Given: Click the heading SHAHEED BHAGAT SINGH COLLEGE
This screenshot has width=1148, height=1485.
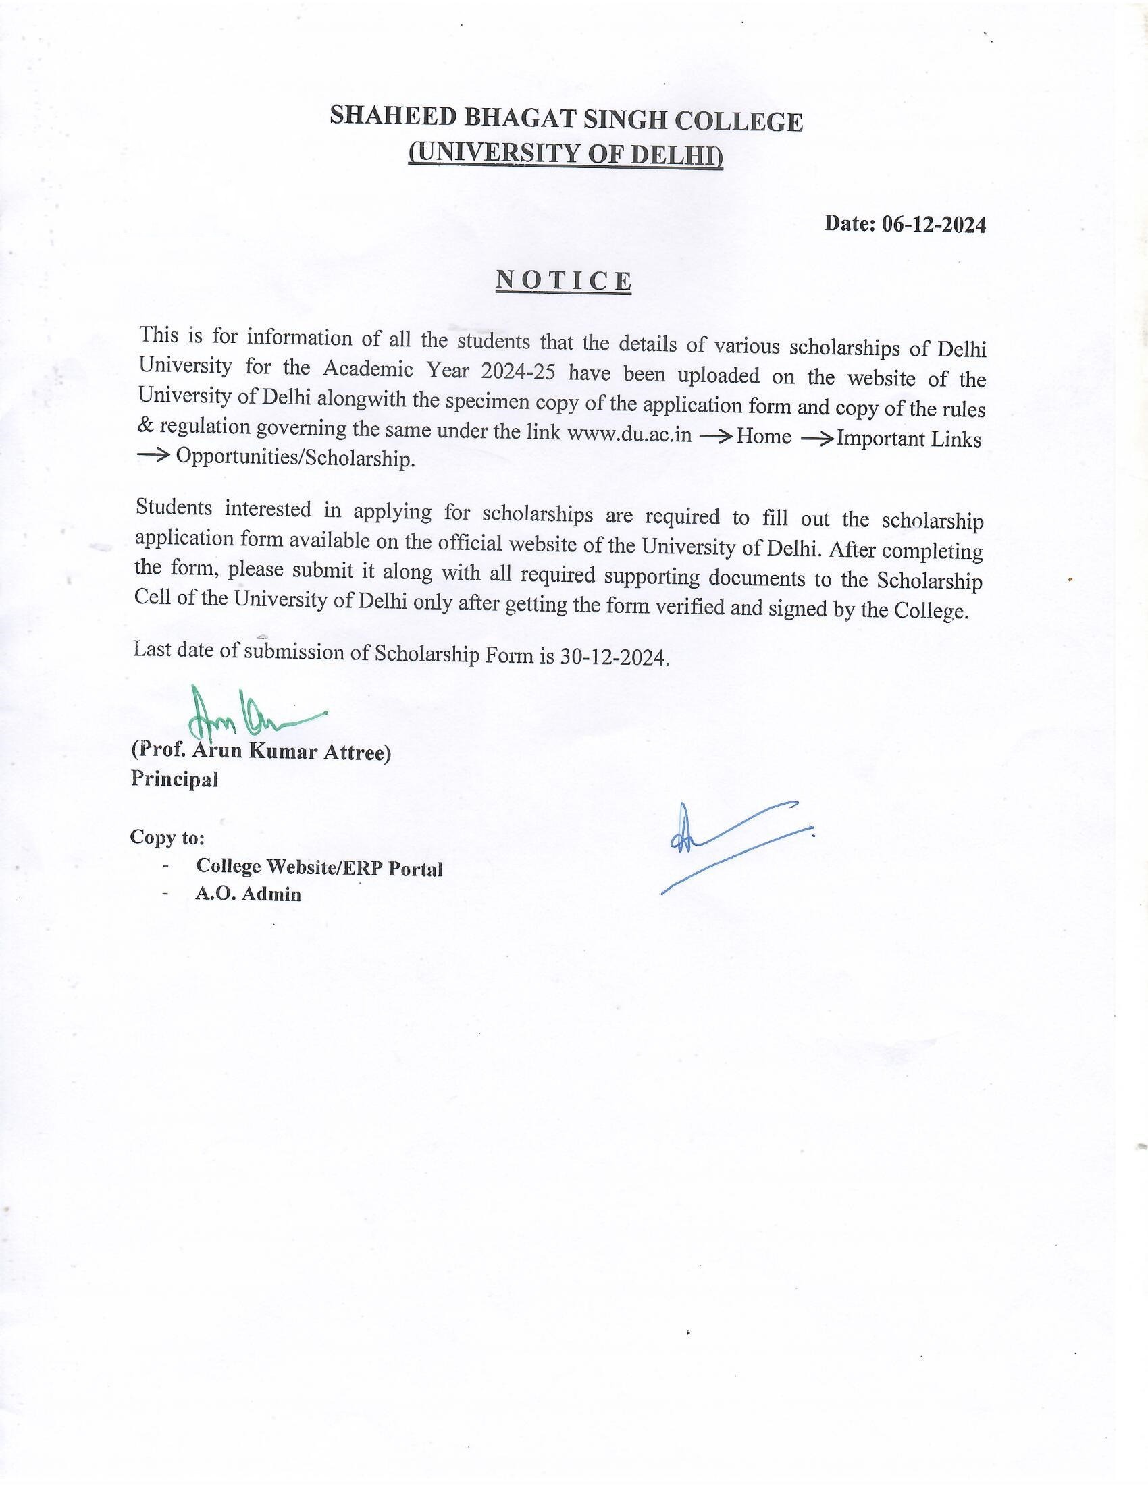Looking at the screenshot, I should (x=566, y=119).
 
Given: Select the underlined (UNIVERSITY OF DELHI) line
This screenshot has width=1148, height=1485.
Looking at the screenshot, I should (x=565, y=154).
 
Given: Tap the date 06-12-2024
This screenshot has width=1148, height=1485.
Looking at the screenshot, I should (x=933, y=224).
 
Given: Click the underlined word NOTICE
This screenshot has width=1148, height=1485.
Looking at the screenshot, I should (x=564, y=280).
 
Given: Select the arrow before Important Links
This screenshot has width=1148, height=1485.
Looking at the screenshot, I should (x=817, y=438).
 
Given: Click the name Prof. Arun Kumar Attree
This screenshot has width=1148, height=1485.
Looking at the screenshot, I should (x=261, y=751).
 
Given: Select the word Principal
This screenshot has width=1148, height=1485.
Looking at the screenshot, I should (x=175, y=779).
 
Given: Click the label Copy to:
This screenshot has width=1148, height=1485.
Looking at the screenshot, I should (x=167, y=837).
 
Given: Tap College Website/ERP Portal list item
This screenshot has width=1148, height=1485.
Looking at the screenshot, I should (x=319, y=867).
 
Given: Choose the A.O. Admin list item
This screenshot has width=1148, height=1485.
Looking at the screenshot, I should (x=249, y=894).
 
